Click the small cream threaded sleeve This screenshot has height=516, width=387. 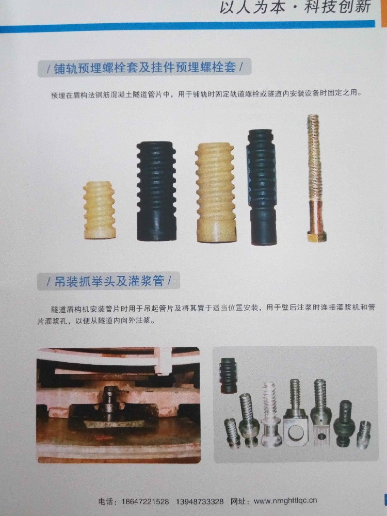pyautogui.click(x=99, y=209)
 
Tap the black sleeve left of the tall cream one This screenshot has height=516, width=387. pyautogui.click(x=156, y=191)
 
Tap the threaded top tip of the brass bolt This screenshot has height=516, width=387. pyautogui.click(x=312, y=120)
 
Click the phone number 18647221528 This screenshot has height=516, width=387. pyautogui.click(x=147, y=501)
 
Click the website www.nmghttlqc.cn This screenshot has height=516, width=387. pyautogui.click(x=285, y=501)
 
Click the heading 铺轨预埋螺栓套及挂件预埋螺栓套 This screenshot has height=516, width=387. pyautogui.click(x=144, y=68)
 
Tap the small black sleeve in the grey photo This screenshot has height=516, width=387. pyautogui.click(x=228, y=375)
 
